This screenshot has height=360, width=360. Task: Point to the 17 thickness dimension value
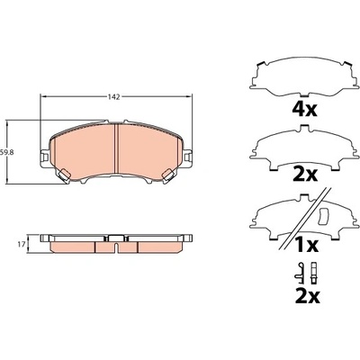pyautogui.click(x=21, y=245)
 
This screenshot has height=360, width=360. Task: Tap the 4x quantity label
pyautogui.click(x=304, y=109)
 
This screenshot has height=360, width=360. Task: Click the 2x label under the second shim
pyautogui.click(x=304, y=175)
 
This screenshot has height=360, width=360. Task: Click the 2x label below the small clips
pyautogui.click(x=307, y=295)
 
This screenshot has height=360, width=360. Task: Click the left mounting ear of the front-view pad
pyautogui.click(x=44, y=157)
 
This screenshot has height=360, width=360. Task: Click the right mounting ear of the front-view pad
pyautogui.click(x=188, y=157)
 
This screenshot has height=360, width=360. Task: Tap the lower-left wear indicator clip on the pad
pyautogui.click(x=65, y=175)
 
